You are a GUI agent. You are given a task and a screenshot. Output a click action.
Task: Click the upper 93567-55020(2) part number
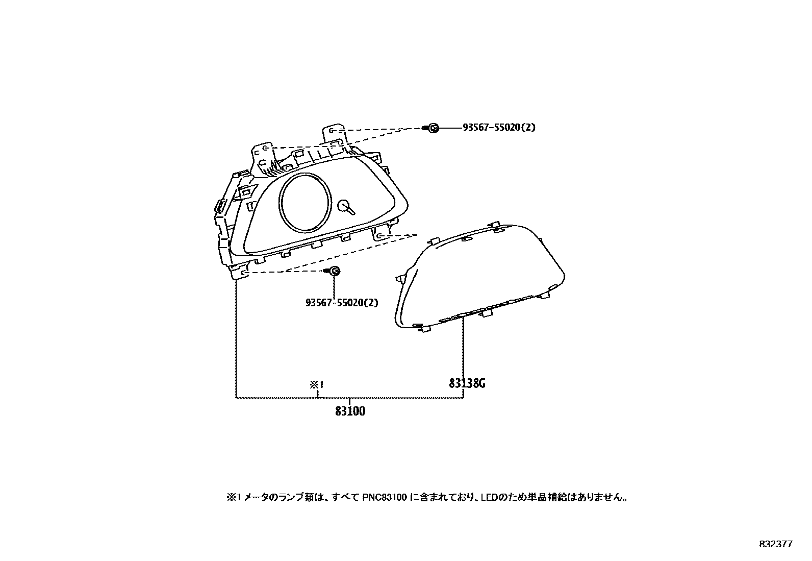click(499, 128)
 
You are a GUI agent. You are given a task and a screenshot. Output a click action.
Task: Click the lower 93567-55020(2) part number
click(342, 302)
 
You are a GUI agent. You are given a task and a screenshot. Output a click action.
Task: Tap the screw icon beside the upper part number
click(433, 128)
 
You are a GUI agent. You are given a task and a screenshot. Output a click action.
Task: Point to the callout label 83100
click(350, 411)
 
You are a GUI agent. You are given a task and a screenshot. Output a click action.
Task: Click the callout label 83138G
click(467, 383)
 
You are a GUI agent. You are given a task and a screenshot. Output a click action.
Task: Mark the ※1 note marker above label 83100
click(317, 385)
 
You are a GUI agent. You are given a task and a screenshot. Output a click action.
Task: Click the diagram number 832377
click(775, 544)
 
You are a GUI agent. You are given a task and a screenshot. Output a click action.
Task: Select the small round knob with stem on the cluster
click(346, 206)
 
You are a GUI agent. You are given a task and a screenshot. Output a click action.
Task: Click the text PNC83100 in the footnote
click(385, 497)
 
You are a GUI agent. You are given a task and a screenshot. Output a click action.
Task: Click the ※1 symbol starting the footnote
click(233, 497)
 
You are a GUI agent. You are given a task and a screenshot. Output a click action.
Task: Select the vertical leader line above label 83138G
click(463, 347)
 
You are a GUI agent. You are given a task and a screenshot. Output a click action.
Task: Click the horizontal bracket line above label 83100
click(349, 397)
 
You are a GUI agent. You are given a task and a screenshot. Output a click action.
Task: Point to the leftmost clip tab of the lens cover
click(400, 279)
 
